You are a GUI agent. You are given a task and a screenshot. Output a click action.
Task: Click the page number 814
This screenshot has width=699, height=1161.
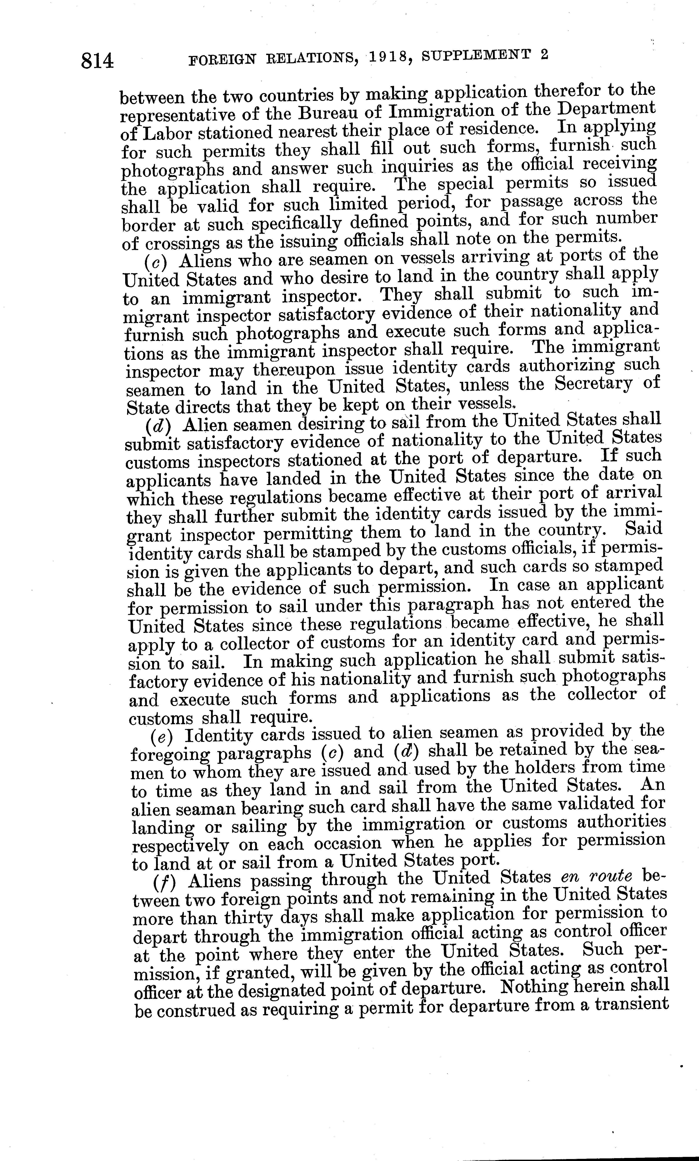pos(98,61)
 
